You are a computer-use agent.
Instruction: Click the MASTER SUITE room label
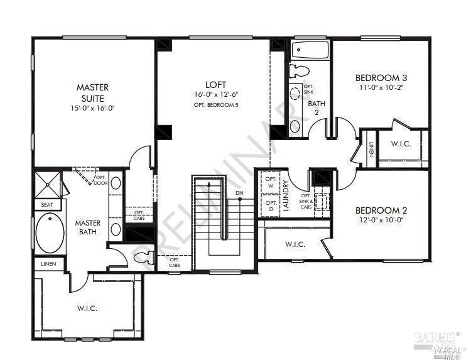[x=94, y=92]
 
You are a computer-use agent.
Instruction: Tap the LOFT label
[x=215, y=84]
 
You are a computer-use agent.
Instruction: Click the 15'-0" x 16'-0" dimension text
[x=94, y=108]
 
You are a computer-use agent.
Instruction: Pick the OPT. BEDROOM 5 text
[x=215, y=104]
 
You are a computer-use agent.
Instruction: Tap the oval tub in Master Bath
[x=50, y=232]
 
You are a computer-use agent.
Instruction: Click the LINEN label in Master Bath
[x=49, y=264]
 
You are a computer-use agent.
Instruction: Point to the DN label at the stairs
[x=239, y=192]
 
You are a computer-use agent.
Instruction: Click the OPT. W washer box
[x=271, y=183]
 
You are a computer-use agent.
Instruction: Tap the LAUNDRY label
[x=286, y=195]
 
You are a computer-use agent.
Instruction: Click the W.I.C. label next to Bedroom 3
[x=401, y=144]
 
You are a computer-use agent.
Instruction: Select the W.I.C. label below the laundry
[x=295, y=244]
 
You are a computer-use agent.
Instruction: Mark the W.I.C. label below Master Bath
[x=87, y=308]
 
